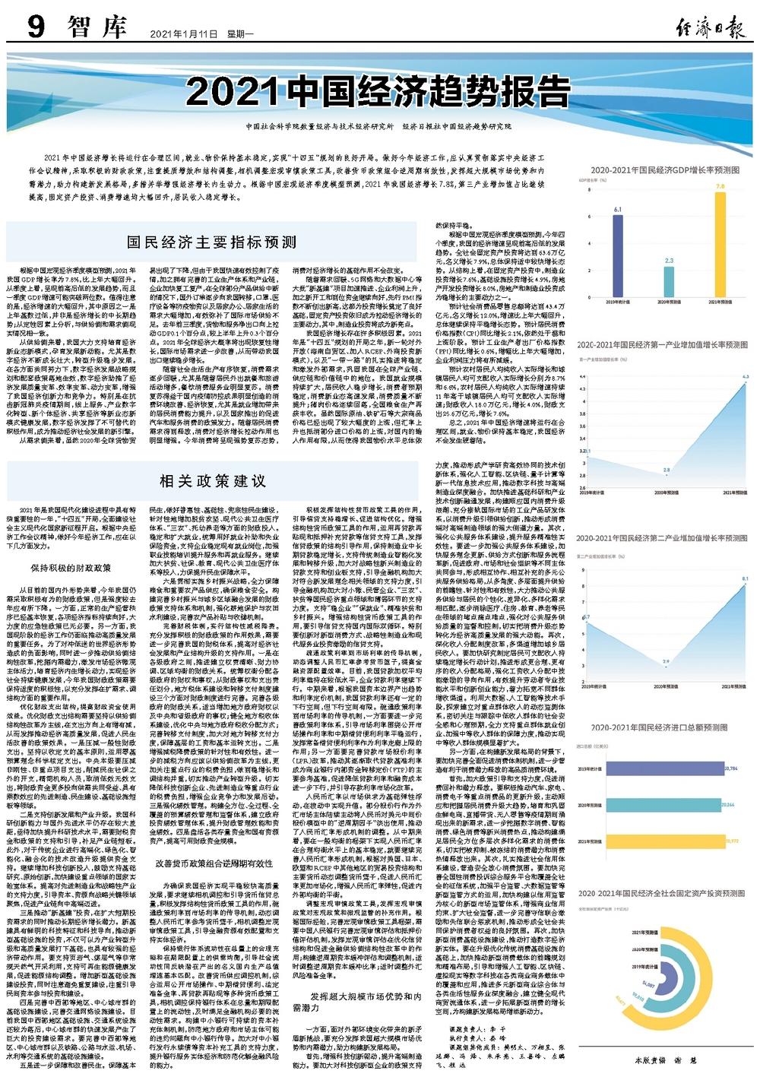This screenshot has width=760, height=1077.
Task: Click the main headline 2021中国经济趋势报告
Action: [380, 93]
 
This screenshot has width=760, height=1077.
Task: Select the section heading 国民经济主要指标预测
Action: [211, 242]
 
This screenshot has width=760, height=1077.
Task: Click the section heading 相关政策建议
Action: [212, 480]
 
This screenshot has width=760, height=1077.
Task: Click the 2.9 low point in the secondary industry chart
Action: [666, 663]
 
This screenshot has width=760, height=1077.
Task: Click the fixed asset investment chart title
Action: [661, 893]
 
